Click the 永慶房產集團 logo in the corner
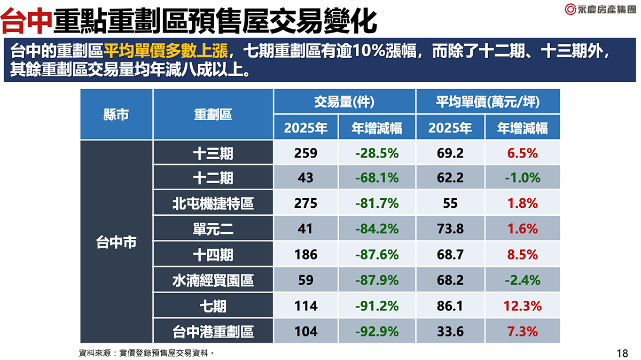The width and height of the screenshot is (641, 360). click(600, 9)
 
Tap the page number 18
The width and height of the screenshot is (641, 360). click(622, 353)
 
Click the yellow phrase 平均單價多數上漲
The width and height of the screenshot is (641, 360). click(166, 52)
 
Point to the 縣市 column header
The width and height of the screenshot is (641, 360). click(116, 114)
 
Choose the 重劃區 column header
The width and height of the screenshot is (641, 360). click(213, 114)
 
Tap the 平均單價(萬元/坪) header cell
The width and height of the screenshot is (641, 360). click(488, 101)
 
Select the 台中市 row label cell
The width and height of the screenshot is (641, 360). click(116, 242)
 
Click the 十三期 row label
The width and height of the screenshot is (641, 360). click(213, 153)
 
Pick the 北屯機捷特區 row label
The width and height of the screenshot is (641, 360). click(213, 204)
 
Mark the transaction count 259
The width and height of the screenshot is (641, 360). click(306, 153)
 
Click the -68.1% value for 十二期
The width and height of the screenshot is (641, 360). click(377, 178)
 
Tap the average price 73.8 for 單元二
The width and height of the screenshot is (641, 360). click(450, 229)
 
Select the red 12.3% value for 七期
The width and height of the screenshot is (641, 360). click(522, 306)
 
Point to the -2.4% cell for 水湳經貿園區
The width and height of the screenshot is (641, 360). click(522, 280)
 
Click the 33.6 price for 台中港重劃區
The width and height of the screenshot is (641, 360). click(450, 332)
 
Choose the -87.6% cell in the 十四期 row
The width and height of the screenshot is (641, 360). click(377, 255)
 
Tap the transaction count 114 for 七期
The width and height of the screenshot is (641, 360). click(306, 306)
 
